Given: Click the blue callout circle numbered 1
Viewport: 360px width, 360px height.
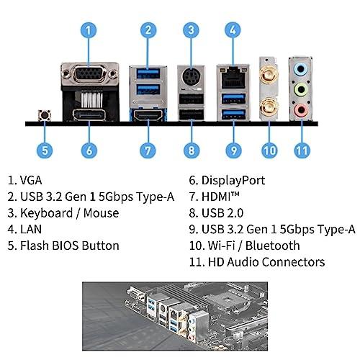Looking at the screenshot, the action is coord(89,30).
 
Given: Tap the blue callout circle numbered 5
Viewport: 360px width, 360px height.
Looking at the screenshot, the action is coord(45,150).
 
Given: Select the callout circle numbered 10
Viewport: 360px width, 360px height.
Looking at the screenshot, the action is coord(269,150).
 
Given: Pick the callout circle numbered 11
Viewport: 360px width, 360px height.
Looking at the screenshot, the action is coord(302,150).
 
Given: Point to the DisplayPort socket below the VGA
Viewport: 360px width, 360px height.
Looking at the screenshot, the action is coord(89,115).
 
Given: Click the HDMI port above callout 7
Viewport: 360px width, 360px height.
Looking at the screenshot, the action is coord(148,115).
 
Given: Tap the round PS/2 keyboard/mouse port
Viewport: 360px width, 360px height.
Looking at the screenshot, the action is coord(191,76).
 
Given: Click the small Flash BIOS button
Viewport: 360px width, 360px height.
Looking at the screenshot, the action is coord(45,115).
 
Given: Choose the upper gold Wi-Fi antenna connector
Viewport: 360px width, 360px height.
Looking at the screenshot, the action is coord(269,74).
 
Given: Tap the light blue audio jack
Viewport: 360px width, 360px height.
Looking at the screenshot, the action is coord(300,70).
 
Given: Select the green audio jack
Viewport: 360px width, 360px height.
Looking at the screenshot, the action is coord(300,90).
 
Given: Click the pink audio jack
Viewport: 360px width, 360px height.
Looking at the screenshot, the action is coord(300,110).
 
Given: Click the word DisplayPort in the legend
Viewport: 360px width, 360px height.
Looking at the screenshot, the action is coord(233,181).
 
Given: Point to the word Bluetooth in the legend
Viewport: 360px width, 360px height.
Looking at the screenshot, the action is coord(273,246).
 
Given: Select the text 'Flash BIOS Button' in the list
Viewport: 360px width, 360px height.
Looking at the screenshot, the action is coord(70,246).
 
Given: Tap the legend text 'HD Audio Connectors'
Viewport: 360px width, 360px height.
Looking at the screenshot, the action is coord(266,262).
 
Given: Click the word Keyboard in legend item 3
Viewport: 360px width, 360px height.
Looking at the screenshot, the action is coord(47,213).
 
